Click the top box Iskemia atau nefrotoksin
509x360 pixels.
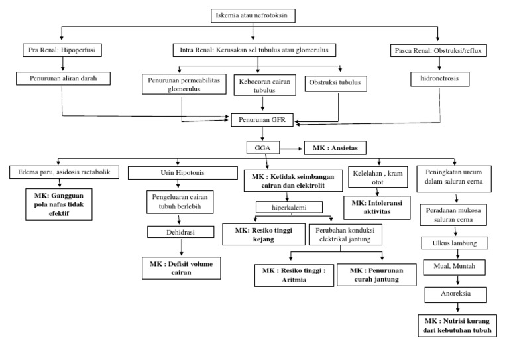click(253, 15)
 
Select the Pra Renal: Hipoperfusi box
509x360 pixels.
click(62, 50)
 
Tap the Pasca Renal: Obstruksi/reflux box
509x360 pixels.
click(437, 50)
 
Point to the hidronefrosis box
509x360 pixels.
click(437, 78)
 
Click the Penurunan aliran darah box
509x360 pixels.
click(62, 78)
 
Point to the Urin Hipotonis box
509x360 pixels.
click(182, 173)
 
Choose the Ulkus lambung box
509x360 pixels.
click(454, 242)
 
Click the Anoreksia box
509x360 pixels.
click(455, 293)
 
